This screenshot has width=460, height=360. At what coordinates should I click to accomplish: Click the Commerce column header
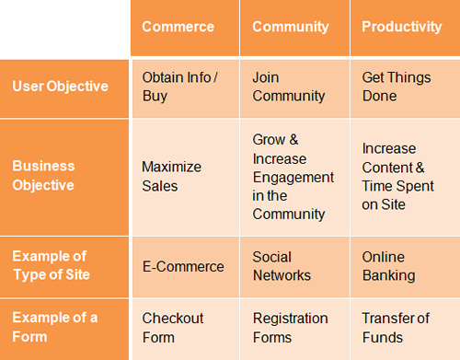[x=178, y=27]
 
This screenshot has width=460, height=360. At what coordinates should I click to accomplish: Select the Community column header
[x=290, y=27]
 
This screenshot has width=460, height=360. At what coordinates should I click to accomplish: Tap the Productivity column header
[x=401, y=27]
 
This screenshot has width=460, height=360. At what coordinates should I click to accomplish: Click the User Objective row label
[x=60, y=87]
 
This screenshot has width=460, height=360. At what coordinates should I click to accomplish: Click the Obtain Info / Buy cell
[x=179, y=87]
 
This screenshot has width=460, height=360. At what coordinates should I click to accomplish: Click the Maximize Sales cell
[x=172, y=176]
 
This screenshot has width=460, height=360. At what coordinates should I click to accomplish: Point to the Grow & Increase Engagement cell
[x=293, y=176]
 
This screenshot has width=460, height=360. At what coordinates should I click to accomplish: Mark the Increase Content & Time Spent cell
[x=394, y=176]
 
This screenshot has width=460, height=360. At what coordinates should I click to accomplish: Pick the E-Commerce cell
[x=183, y=266]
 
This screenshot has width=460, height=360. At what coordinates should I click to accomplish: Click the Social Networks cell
[x=282, y=266]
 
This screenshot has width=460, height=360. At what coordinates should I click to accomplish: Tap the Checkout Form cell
[x=173, y=327]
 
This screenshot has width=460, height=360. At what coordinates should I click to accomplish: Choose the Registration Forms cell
[x=290, y=327]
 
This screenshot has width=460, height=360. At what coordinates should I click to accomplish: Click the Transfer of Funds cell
[x=396, y=327]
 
